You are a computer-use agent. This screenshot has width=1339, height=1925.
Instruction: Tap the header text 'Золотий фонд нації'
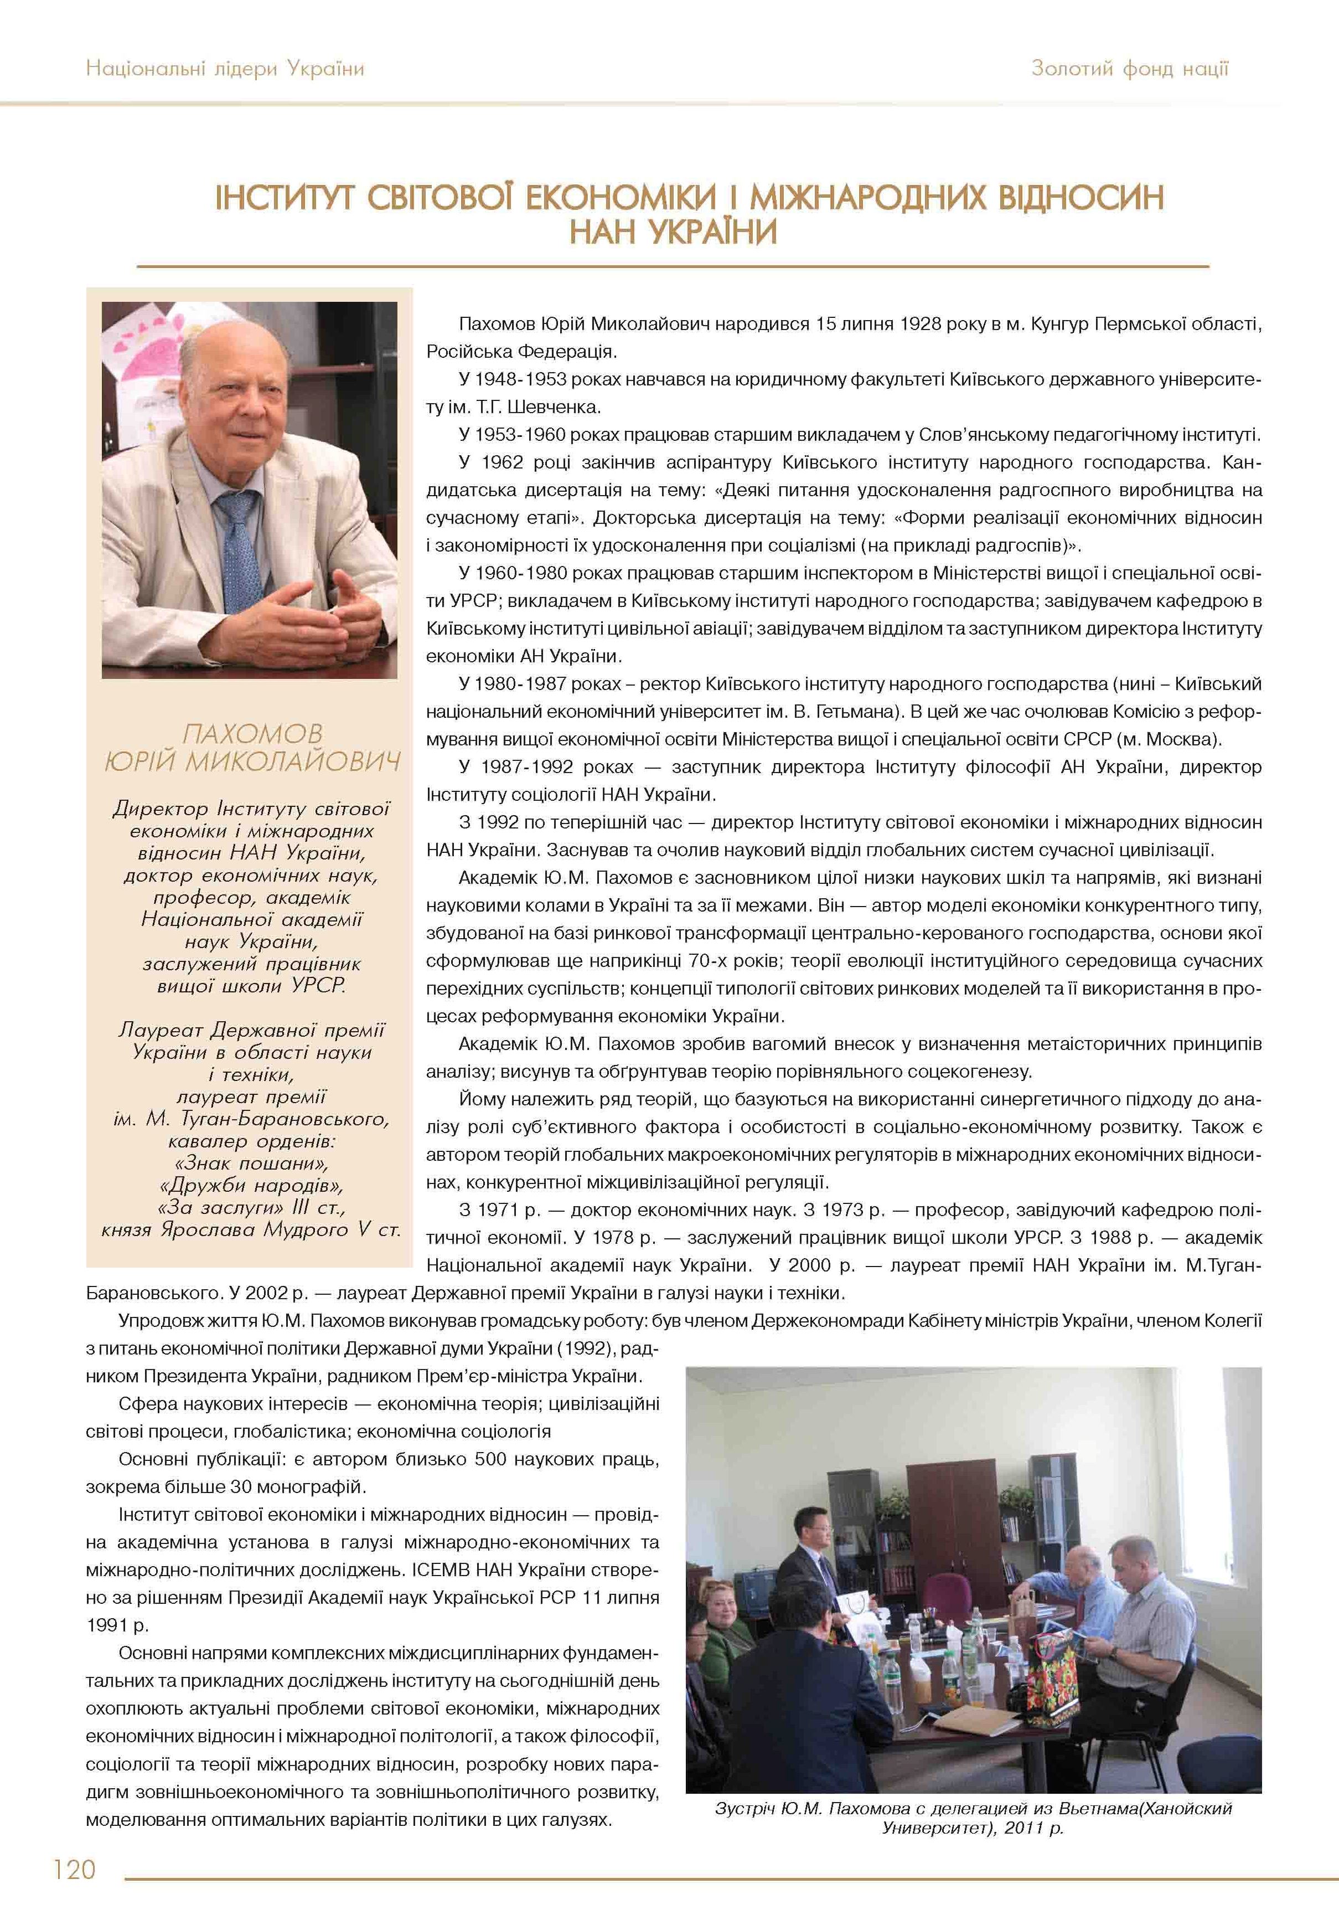click(1130, 69)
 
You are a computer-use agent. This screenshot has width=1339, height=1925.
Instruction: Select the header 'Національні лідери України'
click(225, 69)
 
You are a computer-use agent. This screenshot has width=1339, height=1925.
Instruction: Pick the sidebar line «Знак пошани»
click(251, 1163)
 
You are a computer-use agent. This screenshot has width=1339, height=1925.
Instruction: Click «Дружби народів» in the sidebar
click(251, 1186)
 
